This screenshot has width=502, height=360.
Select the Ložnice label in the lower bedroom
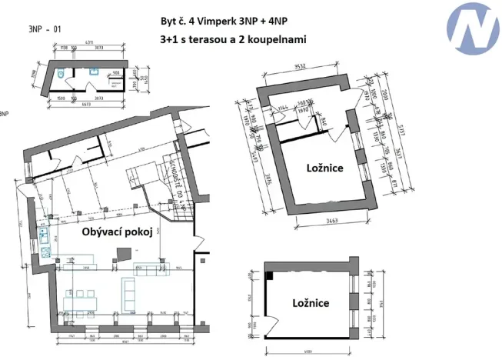point(311,302)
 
